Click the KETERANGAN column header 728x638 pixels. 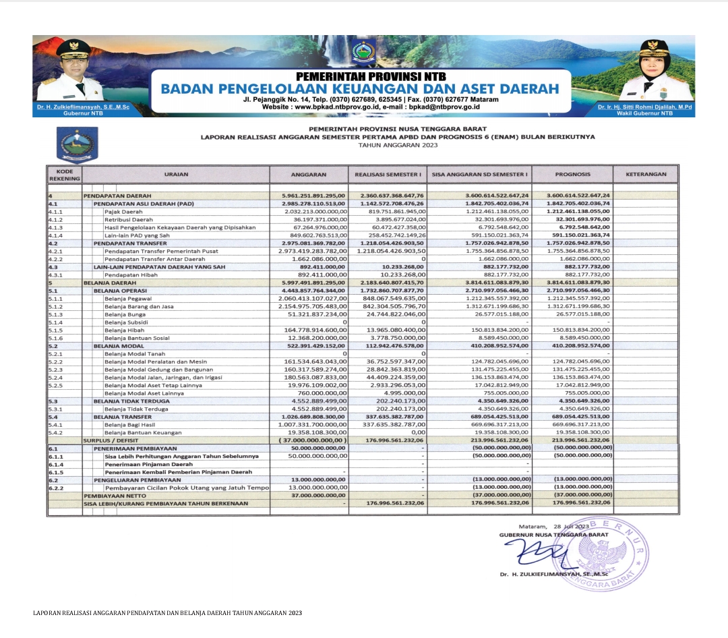[646, 174]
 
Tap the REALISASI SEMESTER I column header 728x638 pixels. [388, 174]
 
